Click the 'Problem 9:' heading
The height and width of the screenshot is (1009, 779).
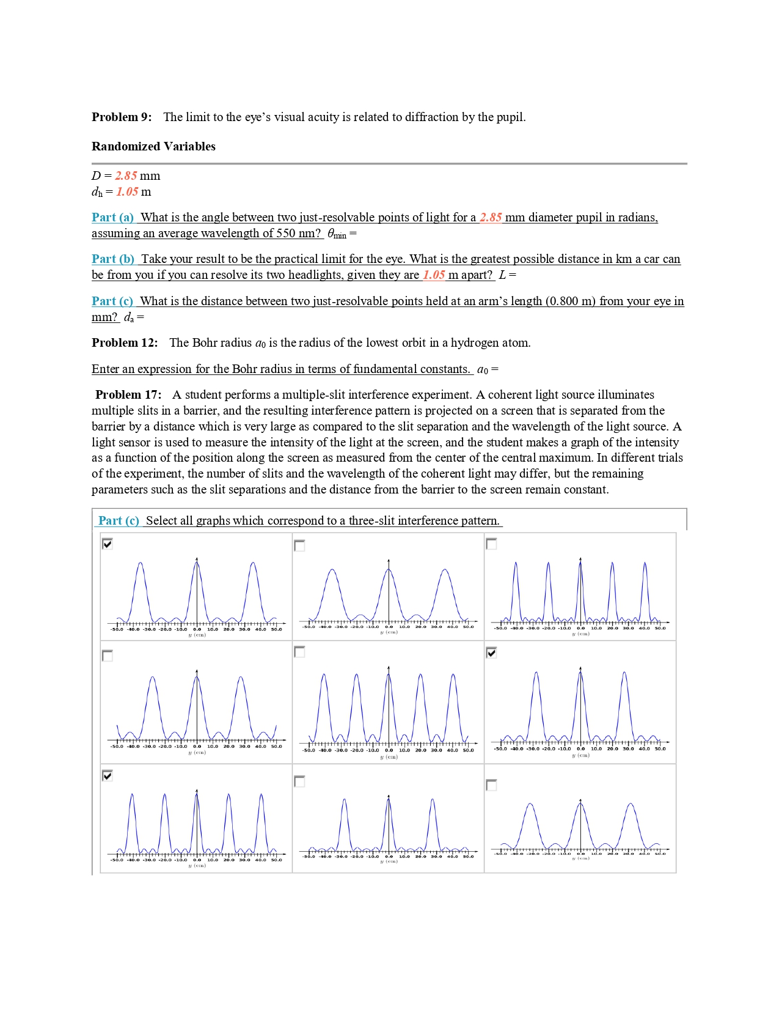tap(122, 117)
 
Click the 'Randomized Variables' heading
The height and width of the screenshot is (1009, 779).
tap(153, 146)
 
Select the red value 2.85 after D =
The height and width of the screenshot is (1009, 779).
tap(126, 176)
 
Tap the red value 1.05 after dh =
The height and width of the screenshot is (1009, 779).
tap(127, 191)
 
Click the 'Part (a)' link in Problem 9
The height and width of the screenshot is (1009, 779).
tap(112, 217)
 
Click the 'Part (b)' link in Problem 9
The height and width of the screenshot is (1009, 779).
tap(113, 259)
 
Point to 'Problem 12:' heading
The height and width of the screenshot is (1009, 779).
tap(125, 342)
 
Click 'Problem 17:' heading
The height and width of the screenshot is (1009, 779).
tap(128, 394)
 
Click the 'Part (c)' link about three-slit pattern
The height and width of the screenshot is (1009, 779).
tap(119, 520)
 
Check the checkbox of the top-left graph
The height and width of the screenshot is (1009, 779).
tap(108, 544)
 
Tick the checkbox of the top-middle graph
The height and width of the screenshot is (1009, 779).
tap(299, 545)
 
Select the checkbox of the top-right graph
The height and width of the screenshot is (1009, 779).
tap(491, 544)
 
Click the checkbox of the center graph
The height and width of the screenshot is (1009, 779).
tap(299, 652)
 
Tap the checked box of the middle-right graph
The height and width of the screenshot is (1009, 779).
tap(491, 652)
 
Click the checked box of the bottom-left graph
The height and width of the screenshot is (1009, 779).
tap(108, 775)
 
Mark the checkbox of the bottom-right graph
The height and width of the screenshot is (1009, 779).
tap(491, 785)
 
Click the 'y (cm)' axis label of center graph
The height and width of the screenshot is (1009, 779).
tap(389, 757)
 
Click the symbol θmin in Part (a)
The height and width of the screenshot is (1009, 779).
tap(337, 234)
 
